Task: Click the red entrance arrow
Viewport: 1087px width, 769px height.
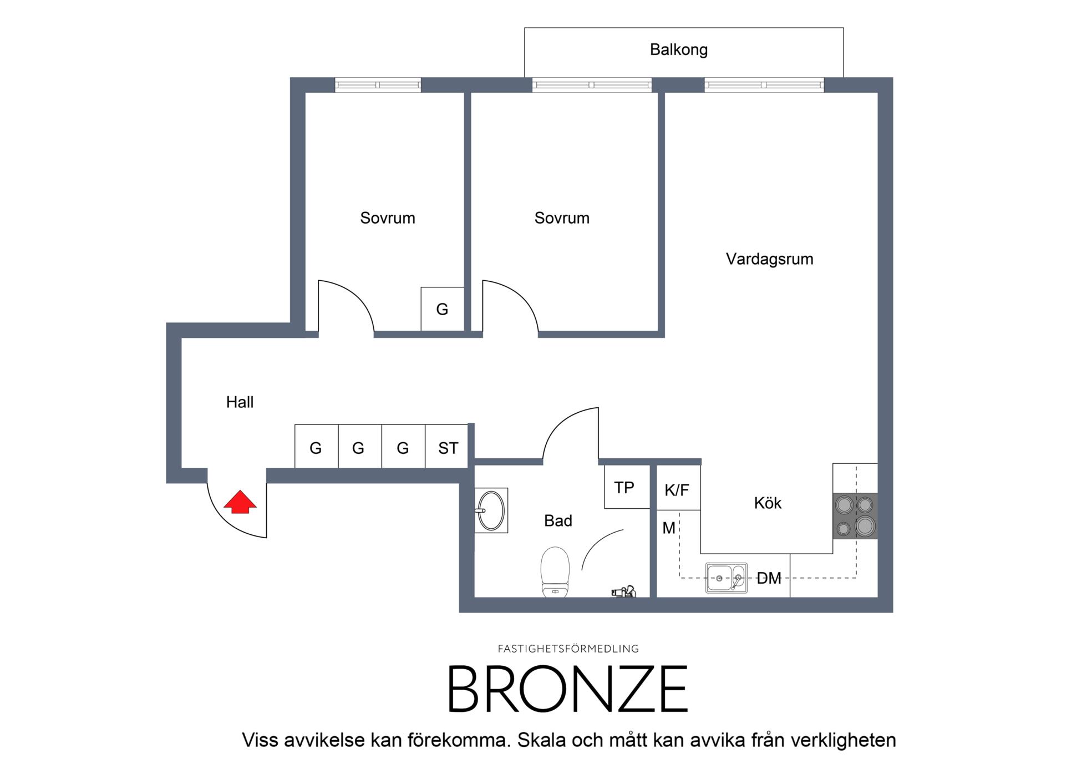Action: point(240,502)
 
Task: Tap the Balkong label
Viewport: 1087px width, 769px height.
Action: point(678,50)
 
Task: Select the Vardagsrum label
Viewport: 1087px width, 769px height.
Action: point(769,259)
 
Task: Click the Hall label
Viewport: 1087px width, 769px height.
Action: point(240,402)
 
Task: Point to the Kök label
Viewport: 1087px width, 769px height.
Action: point(768,503)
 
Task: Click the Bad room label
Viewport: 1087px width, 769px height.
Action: point(558,521)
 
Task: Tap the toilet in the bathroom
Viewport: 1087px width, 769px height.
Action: point(555,571)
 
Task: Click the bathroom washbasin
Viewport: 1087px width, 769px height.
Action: point(491,510)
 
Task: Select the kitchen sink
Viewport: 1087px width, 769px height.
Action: point(725,578)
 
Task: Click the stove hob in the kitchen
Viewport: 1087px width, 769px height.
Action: point(855,516)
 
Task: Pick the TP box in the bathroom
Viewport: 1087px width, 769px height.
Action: point(627,487)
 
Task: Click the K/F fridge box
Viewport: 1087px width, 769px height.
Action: point(678,488)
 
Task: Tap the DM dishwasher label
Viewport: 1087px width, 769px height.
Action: point(769,579)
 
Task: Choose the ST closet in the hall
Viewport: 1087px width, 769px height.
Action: point(448,447)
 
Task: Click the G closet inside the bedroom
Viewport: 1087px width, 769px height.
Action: point(442,309)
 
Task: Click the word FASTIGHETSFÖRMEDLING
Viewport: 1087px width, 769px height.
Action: point(568,649)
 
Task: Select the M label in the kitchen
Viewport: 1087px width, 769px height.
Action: point(669,528)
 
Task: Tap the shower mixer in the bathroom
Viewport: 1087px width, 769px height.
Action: point(624,592)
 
